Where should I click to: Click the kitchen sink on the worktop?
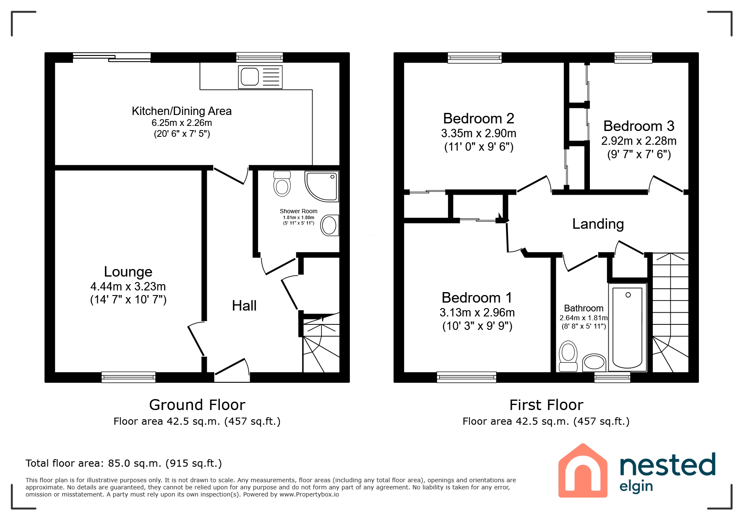click(260, 77)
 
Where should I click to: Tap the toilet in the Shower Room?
click(282, 183)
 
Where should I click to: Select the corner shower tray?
click(322, 186)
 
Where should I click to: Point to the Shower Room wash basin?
click(329, 225)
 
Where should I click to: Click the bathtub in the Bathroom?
click(628, 327)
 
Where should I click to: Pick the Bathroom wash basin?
click(594, 362)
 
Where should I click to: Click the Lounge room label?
click(128, 272)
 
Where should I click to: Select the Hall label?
click(244, 306)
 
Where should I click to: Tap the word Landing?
click(598, 224)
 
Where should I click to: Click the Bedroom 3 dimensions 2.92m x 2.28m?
click(639, 141)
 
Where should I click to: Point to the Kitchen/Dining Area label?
click(182, 111)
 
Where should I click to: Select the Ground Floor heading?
click(197, 405)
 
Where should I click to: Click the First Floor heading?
click(546, 405)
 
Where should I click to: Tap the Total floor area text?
click(124, 463)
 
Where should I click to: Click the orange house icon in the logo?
click(583, 470)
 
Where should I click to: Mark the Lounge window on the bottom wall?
click(128, 377)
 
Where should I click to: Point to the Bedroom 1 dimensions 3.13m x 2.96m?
click(477, 313)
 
